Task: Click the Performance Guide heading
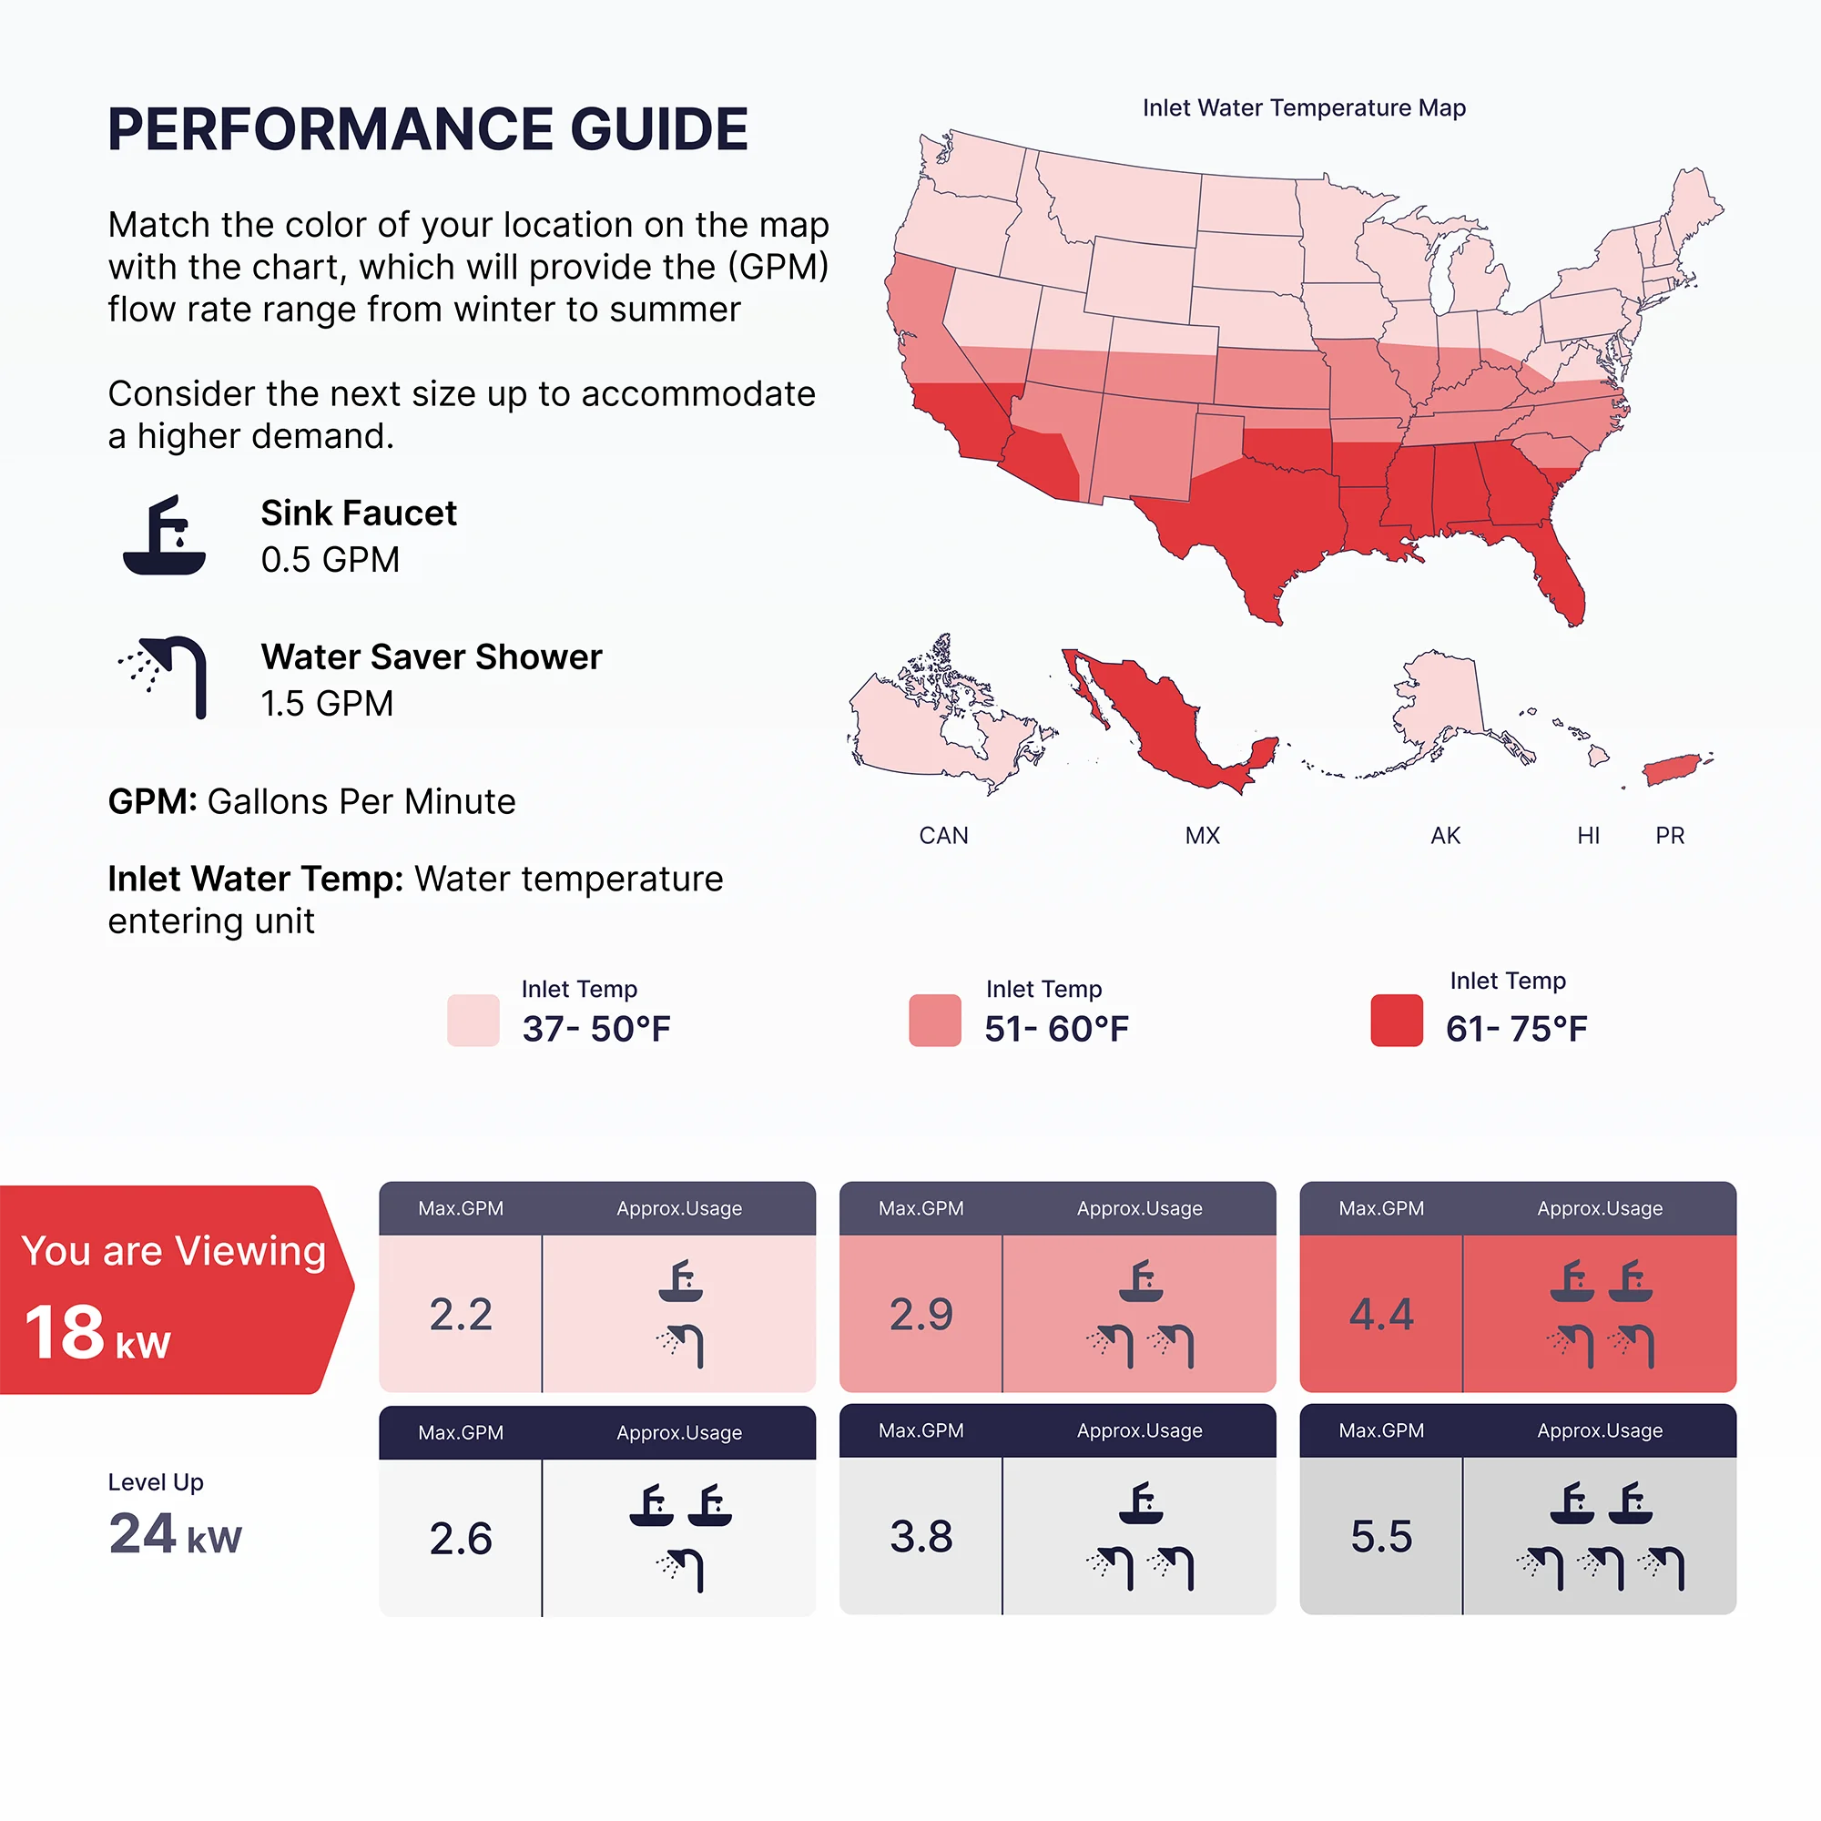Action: pyautogui.click(x=428, y=129)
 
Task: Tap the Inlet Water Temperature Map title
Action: pyautogui.click(x=1304, y=108)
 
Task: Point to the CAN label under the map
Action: pyautogui.click(x=943, y=836)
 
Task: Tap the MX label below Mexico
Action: pyautogui.click(x=1202, y=836)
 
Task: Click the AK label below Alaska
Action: pyautogui.click(x=1445, y=836)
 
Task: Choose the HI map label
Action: pyautogui.click(x=1588, y=836)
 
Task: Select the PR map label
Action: pyautogui.click(x=1669, y=836)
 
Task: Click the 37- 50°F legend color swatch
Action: pyautogui.click(x=473, y=1020)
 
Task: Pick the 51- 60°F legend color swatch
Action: pyautogui.click(x=935, y=1020)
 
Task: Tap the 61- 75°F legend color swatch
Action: pyautogui.click(x=1396, y=1020)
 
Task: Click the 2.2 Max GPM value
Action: pyautogui.click(x=461, y=1314)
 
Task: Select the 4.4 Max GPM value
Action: pyautogui.click(x=1381, y=1314)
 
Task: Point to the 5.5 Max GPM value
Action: pyautogui.click(x=1381, y=1536)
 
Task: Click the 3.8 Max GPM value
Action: pyautogui.click(x=921, y=1536)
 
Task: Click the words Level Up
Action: pyautogui.click(x=156, y=1481)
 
